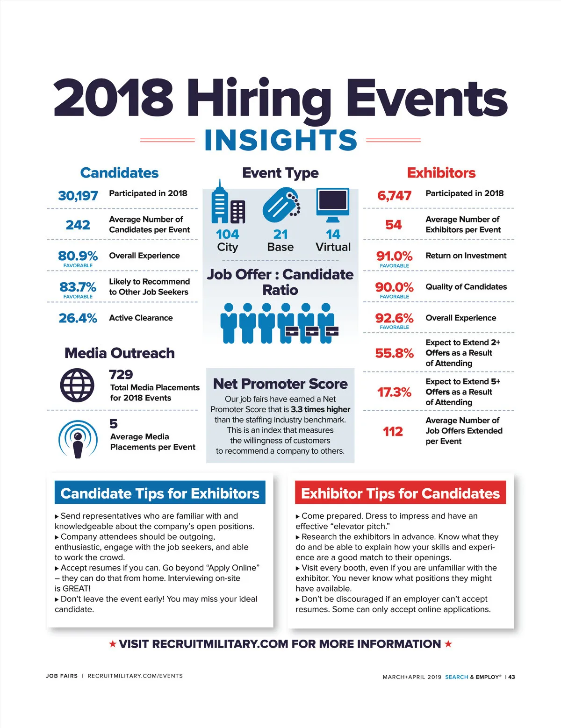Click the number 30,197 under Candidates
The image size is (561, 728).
click(x=78, y=195)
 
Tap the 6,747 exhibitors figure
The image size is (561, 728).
click(x=394, y=195)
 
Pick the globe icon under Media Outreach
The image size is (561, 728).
click(x=77, y=385)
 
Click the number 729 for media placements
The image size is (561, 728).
click(x=121, y=375)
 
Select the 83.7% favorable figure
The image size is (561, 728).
click(x=78, y=286)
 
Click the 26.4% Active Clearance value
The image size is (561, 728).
click(x=78, y=318)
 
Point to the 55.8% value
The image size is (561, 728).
click(x=394, y=353)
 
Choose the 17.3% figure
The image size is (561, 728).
click(x=394, y=392)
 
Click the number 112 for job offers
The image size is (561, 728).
click(x=393, y=431)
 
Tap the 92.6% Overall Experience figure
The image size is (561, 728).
click(x=394, y=318)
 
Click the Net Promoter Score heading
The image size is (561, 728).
click(x=280, y=384)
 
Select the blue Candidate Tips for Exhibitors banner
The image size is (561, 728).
click(x=160, y=493)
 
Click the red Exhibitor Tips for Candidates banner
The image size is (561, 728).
click(x=400, y=493)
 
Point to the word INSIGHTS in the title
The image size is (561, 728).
click(x=280, y=140)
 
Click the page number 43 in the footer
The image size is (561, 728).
click(x=512, y=677)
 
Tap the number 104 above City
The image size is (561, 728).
click(x=228, y=234)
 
